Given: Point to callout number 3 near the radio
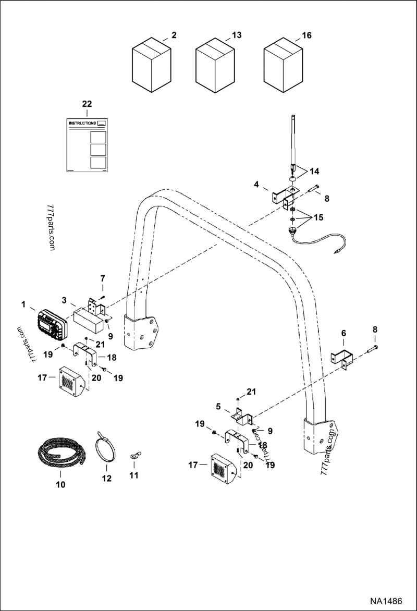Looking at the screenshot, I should tap(64, 300).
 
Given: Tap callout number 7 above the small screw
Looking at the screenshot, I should tap(103, 278).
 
